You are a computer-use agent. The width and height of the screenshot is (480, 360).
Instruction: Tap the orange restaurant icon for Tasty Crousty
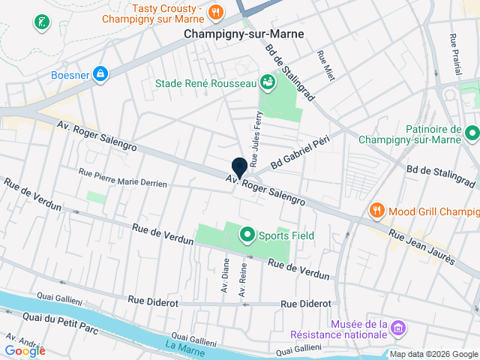pos(215,11)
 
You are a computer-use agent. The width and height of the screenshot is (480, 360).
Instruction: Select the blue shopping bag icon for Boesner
pos(100,73)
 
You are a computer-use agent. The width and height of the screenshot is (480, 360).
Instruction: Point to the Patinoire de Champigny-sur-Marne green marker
pos(472,134)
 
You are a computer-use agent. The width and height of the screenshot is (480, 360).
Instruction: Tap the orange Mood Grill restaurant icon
pos(377,211)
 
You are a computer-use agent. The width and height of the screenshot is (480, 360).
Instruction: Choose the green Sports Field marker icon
pos(246,235)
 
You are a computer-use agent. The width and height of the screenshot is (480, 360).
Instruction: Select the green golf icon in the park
pos(40,22)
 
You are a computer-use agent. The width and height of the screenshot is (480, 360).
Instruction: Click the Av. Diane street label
pos(224,275)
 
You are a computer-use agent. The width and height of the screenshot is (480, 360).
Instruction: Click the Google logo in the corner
pos(25,350)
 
